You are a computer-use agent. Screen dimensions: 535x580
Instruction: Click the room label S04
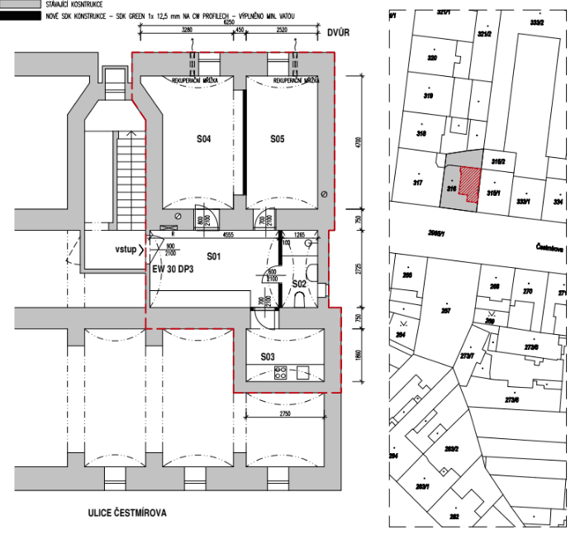pos(204,140)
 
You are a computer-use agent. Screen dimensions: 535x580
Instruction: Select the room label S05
pos(277,140)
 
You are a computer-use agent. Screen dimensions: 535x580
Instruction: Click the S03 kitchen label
pos(268,357)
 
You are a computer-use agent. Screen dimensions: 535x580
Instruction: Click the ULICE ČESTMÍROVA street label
pos(126,514)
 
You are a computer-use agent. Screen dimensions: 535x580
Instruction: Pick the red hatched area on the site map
pos(469,184)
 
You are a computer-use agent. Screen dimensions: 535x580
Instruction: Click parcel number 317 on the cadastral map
pos(418,183)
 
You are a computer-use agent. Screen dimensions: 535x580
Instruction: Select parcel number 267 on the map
pos(446,312)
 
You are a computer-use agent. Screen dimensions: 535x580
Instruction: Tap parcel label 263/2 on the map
pos(451,450)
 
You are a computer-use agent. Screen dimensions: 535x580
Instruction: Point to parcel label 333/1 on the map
pos(522,201)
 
